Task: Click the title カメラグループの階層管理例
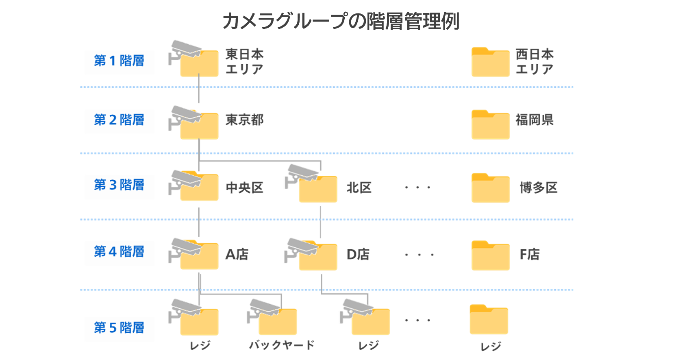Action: coord(341,21)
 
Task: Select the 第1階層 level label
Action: coord(119,61)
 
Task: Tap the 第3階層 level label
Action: coord(119,185)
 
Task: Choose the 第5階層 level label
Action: coord(119,328)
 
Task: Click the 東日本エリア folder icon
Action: coord(199,64)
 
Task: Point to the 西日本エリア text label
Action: coord(535,61)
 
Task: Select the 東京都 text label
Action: coord(244,120)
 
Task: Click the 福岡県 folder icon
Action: coord(490,125)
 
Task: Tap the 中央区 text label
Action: coord(244,188)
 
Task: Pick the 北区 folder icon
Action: coord(318,190)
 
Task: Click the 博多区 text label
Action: coord(539,188)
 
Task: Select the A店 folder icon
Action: coord(199,257)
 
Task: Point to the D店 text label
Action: coord(358,255)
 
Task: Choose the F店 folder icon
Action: coord(490,256)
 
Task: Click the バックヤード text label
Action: coord(282,345)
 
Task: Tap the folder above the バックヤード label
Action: coord(278,322)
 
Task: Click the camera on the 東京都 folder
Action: coord(185,116)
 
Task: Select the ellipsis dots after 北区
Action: coord(417,188)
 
